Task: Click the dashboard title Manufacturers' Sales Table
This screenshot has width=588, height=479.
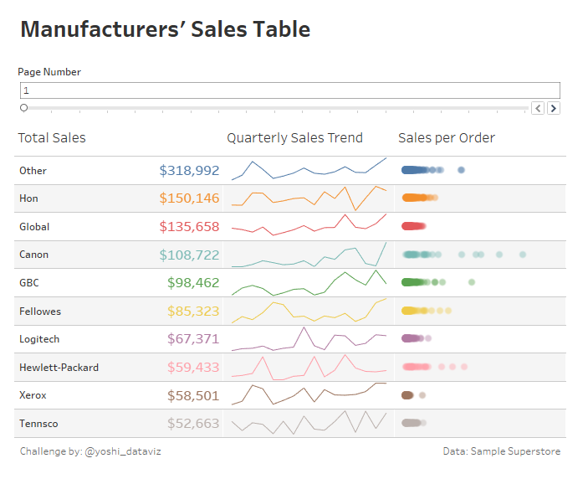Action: [x=165, y=30]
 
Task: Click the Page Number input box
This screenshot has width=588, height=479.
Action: [x=289, y=90]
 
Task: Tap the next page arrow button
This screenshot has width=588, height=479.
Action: [x=553, y=108]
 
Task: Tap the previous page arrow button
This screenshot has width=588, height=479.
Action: [x=538, y=108]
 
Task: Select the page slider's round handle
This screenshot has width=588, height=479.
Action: [x=23, y=108]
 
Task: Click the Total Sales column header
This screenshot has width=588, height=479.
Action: [x=52, y=138]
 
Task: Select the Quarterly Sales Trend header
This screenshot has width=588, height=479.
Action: [x=294, y=138]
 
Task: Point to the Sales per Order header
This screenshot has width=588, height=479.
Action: [x=447, y=138]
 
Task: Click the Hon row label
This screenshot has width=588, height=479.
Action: [x=28, y=198]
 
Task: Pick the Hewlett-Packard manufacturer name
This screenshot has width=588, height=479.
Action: [x=59, y=368]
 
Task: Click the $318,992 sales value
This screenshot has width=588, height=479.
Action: [x=189, y=171]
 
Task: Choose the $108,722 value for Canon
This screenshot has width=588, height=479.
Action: [x=189, y=255]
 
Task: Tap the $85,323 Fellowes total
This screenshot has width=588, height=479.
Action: [x=193, y=312]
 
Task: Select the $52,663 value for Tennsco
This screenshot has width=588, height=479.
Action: [x=193, y=424]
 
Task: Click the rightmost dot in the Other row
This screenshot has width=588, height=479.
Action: [x=462, y=170]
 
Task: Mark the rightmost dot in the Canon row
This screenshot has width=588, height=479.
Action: [x=523, y=255]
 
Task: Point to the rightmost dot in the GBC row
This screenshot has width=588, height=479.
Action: [x=472, y=282]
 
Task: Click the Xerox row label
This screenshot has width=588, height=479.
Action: [x=33, y=395]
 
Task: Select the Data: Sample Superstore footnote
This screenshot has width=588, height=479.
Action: [x=502, y=451]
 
